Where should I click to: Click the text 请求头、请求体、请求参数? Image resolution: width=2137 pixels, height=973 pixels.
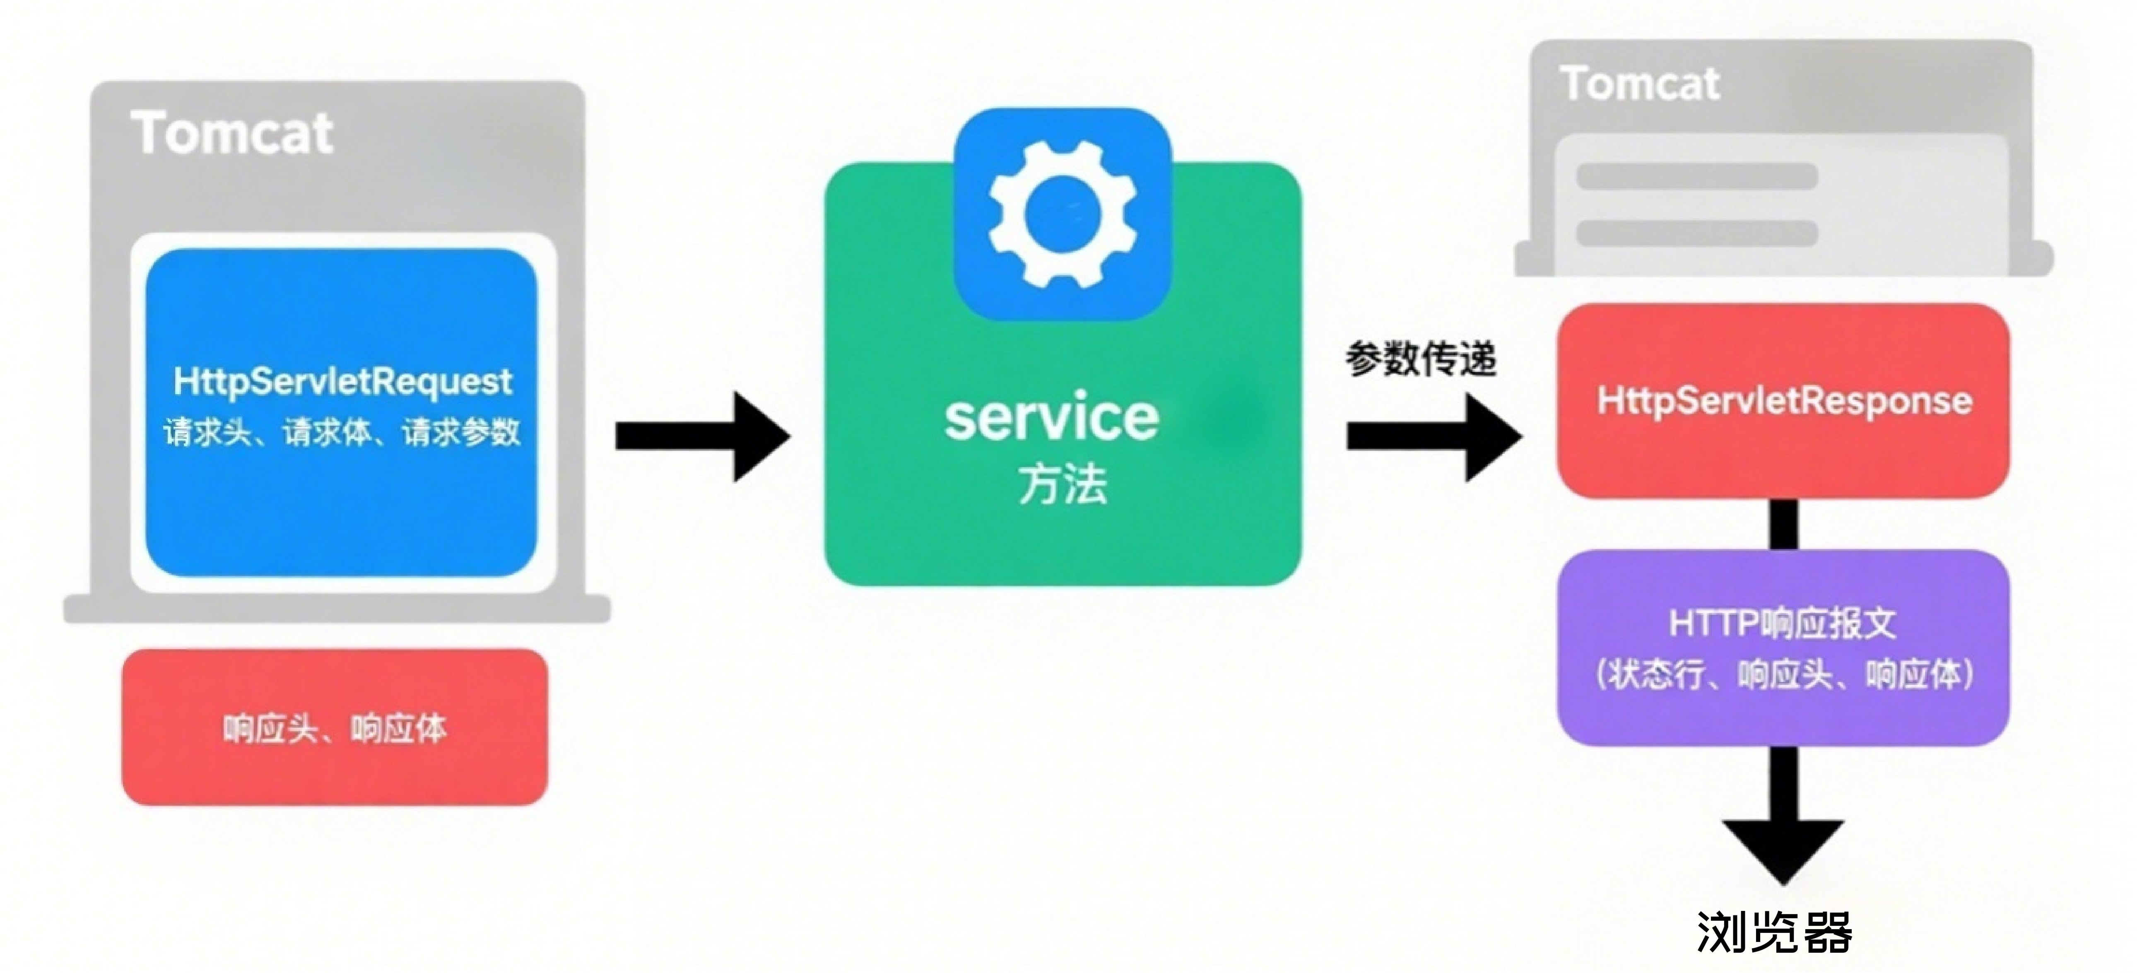[x=342, y=432]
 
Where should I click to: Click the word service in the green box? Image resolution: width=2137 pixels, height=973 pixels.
[x=1052, y=417]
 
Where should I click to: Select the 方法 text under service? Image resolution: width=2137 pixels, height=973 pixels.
[x=1062, y=484]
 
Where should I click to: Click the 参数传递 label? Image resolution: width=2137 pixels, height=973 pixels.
[x=1420, y=359]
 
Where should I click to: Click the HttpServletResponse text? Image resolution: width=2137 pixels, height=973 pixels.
[x=1784, y=401]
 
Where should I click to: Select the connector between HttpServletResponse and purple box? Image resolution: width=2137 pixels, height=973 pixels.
[x=1784, y=524]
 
